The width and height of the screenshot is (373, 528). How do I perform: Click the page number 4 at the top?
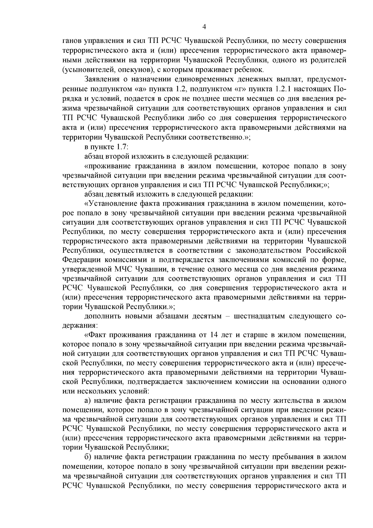pos(204,27)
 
